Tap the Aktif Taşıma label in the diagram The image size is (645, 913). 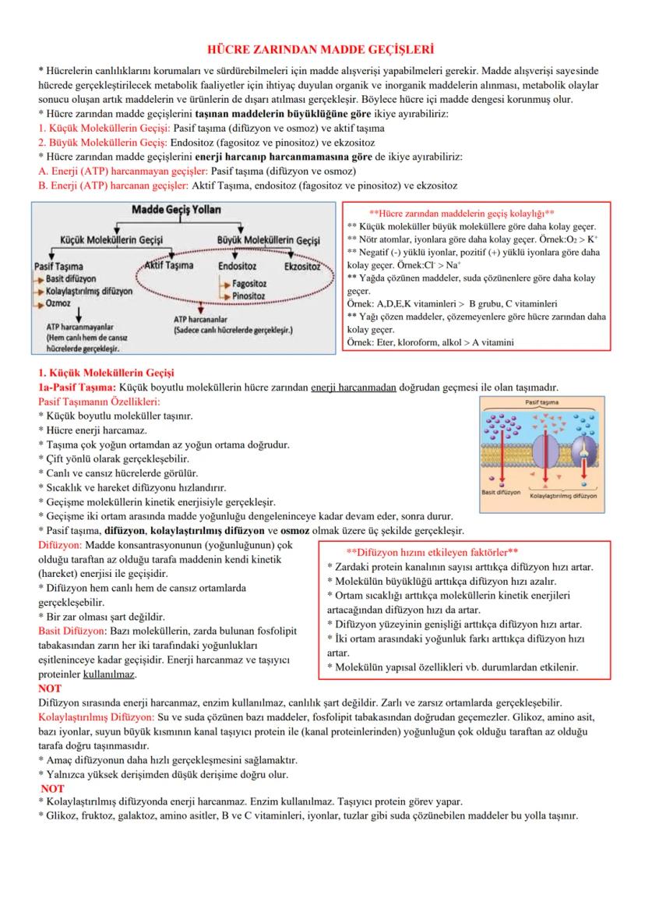click(x=169, y=266)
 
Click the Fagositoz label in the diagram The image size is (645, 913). click(x=251, y=285)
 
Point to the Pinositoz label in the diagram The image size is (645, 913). click(x=249, y=296)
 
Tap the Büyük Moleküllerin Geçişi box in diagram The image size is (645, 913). click(x=269, y=241)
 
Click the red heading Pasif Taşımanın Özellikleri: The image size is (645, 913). click(x=98, y=402)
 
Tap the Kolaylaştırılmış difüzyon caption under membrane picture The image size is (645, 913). click(x=563, y=495)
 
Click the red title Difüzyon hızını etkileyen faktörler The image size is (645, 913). click(x=432, y=551)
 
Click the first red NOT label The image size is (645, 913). click(x=49, y=688)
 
